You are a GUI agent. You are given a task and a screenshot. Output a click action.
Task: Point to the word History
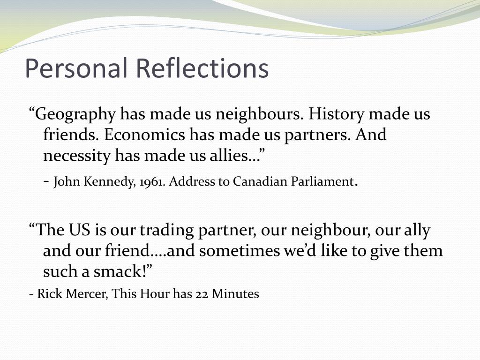(342, 114)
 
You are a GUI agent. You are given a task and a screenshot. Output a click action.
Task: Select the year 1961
(151, 182)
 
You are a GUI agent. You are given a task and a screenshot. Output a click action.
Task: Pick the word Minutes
(235, 294)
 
